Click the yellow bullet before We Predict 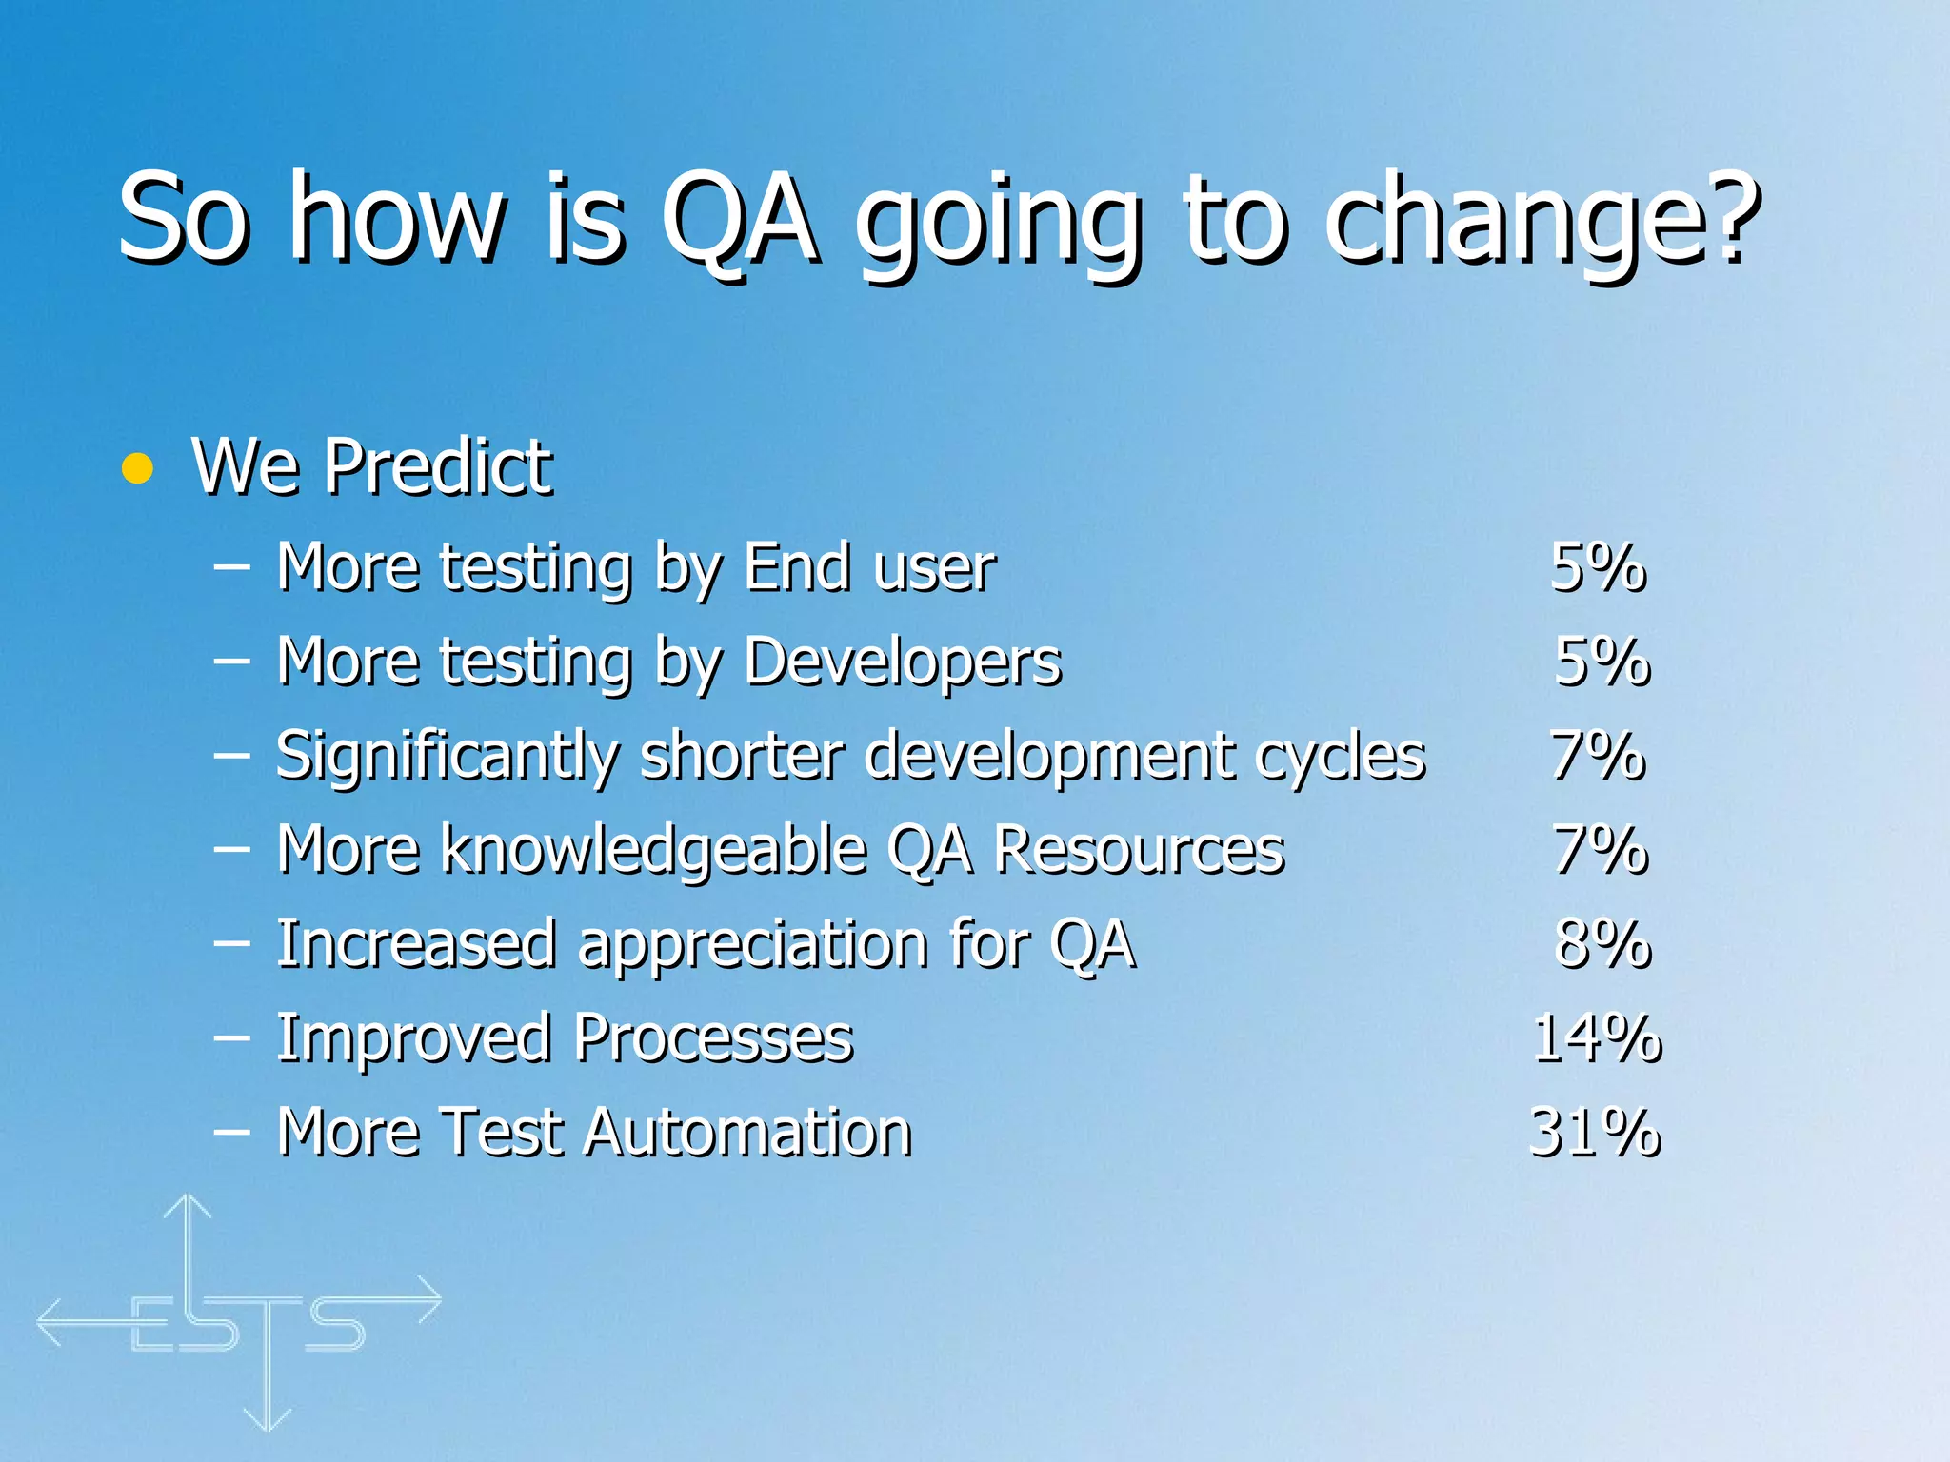[x=138, y=468]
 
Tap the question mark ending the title [x=1728, y=217]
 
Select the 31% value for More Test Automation [x=1595, y=1132]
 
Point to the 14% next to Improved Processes [x=1597, y=1037]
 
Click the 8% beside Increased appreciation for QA [x=1602, y=943]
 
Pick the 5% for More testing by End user [x=1598, y=567]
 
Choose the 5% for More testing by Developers [x=1602, y=661]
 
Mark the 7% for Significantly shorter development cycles [x=1598, y=755]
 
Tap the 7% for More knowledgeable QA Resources [x=1600, y=849]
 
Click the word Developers [x=902, y=661]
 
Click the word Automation [x=747, y=1132]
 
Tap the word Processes [x=713, y=1037]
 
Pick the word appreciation [x=752, y=945]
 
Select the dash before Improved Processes [x=232, y=1037]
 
